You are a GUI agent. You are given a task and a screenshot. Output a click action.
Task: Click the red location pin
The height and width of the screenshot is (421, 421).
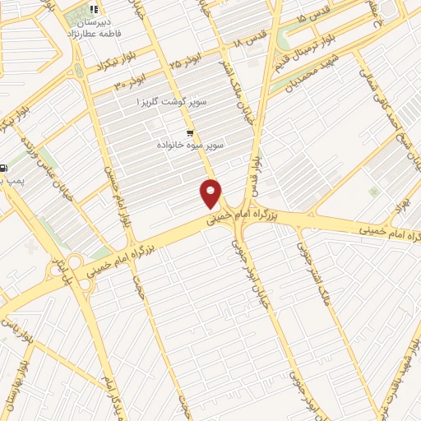point(211,193)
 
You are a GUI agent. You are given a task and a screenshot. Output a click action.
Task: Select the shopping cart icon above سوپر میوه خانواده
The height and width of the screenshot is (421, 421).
point(190,132)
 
